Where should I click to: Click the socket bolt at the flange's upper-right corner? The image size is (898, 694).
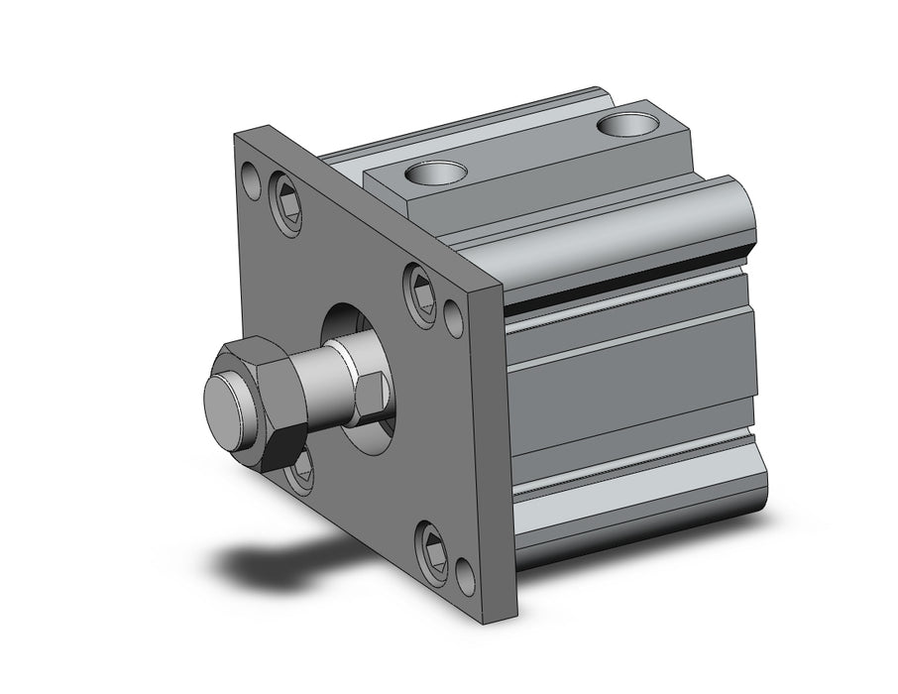[x=420, y=292]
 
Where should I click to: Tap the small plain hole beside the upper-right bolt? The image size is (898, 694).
[x=454, y=316]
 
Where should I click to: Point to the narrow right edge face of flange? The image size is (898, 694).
[x=497, y=446]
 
